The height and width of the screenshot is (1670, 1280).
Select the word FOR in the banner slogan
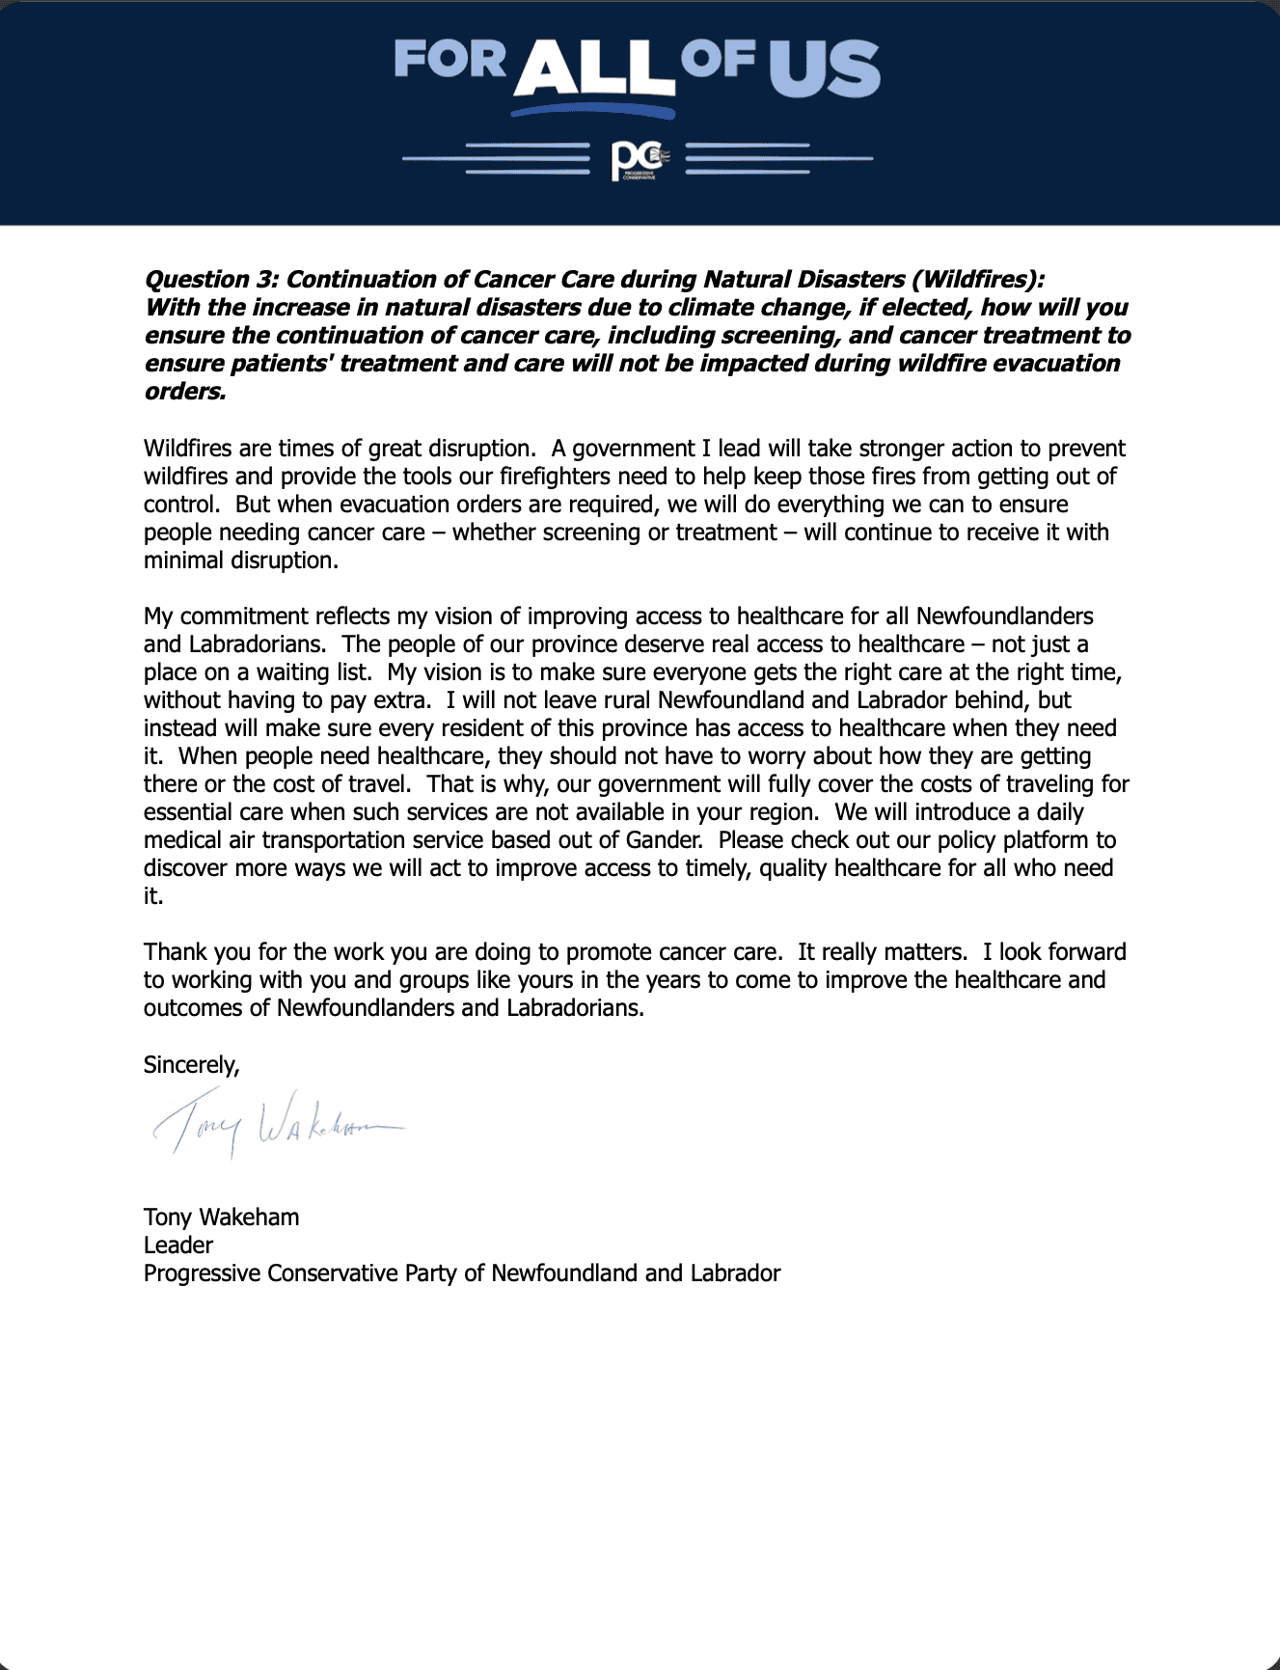pos(449,59)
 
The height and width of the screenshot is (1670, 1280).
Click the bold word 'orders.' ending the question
pos(185,392)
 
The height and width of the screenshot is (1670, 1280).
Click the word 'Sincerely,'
pos(191,1065)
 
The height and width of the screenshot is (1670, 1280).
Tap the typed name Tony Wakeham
pos(221,1218)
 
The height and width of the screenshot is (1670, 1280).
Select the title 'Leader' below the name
pos(178,1246)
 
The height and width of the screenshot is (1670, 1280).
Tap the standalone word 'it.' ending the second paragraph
pos(153,896)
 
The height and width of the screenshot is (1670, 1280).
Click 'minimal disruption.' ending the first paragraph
pos(241,561)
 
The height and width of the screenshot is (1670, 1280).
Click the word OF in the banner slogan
pos(719,59)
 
